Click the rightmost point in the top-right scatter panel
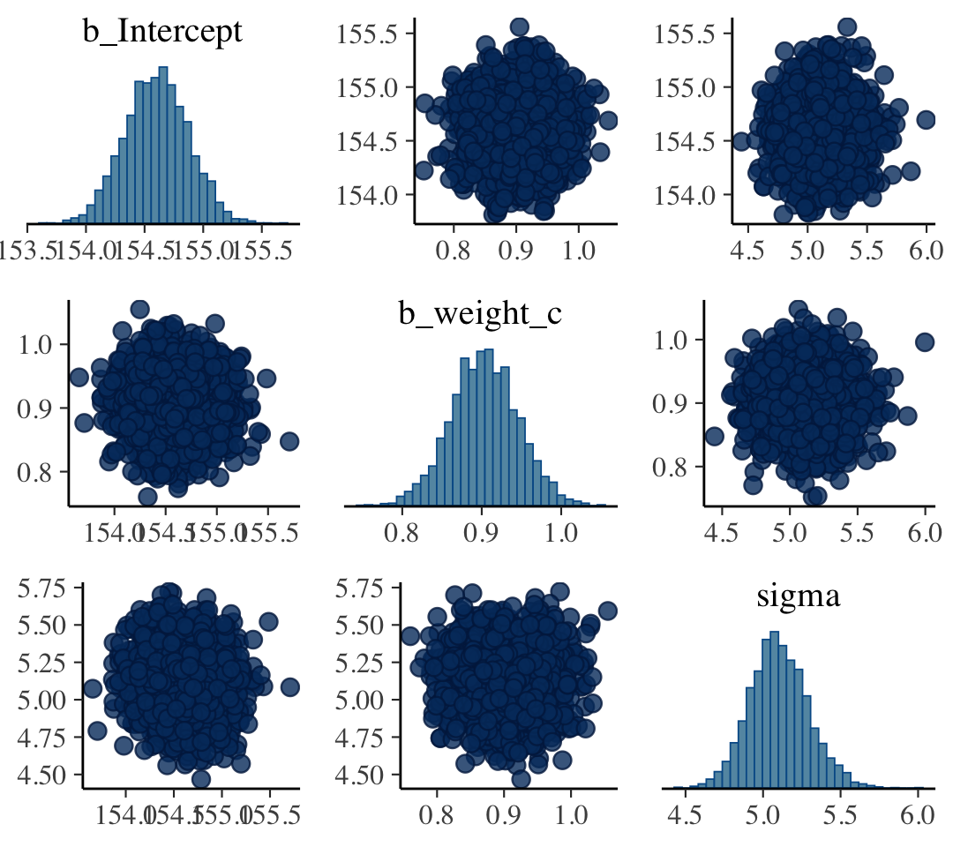[926, 120]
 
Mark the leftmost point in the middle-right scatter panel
[714, 437]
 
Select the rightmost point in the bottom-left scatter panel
[290, 686]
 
